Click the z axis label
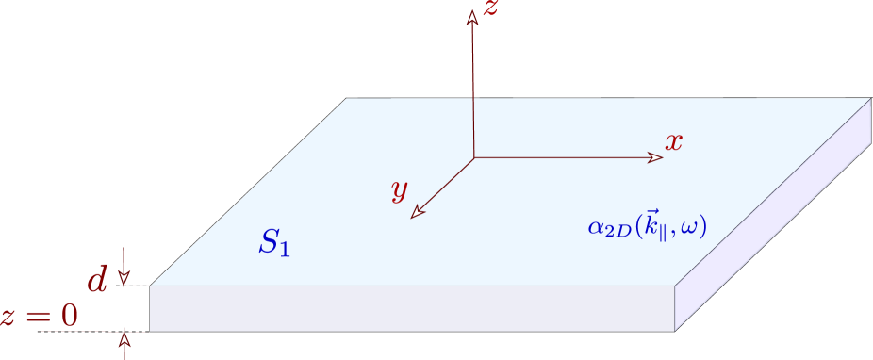tap(490, 10)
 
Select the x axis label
tap(673, 143)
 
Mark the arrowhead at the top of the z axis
tap(473, 17)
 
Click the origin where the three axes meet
tap(473, 157)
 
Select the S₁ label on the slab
tap(273, 243)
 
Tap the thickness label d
tap(97, 280)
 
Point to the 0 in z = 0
tap(70, 316)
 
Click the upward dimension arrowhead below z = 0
tap(124, 338)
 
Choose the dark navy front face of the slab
tap(412, 307)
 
